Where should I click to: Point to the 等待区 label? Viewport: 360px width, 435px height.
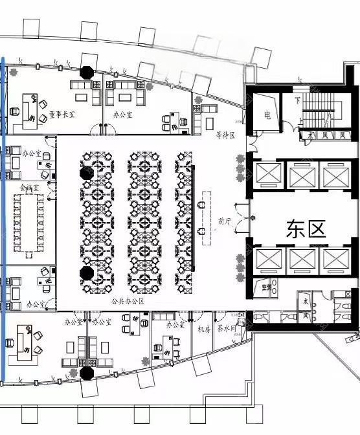pos(224,135)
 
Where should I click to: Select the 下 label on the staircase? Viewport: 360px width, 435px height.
pos(297,101)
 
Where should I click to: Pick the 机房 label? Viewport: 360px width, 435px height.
pos(205,329)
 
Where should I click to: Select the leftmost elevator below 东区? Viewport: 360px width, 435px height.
pos(267,259)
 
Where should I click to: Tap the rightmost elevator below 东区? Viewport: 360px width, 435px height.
pos(335,259)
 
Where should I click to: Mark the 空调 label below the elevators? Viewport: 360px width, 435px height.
pos(265,286)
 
